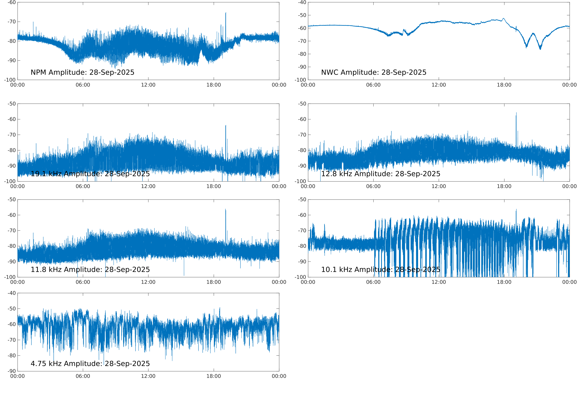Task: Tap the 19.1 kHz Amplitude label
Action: pos(90,174)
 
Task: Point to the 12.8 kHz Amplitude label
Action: pos(381,174)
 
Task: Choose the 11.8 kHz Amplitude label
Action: pos(90,270)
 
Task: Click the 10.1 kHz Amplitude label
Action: pos(381,270)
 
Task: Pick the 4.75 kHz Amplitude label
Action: pos(90,363)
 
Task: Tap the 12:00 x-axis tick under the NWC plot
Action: pos(439,85)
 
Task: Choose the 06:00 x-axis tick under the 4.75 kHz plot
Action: pos(83,376)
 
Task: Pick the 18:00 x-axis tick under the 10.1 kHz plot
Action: pos(504,282)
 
